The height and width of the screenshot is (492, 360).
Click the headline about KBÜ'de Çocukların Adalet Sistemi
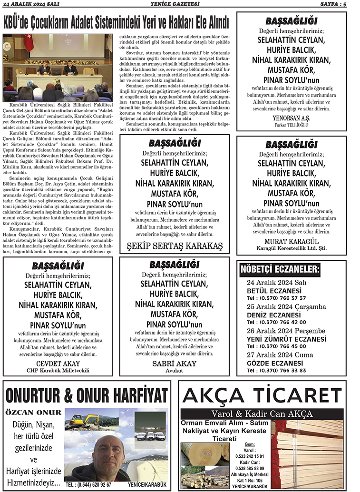(x=117, y=22)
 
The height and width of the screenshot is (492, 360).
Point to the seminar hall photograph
(x=57, y=67)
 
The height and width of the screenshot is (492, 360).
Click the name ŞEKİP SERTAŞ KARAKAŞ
(x=175, y=246)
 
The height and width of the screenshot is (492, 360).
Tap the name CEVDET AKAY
(x=58, y=363)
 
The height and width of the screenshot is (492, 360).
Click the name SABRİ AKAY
(x=175, y=363)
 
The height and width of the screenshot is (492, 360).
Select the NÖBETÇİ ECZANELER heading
(x=280, y=270)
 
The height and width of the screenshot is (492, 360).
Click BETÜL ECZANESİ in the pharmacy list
(x=274, y=290)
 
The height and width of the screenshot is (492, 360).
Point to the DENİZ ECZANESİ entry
(x=274, y=315)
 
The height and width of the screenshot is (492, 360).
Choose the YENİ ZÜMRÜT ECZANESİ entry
(x=287, y=339)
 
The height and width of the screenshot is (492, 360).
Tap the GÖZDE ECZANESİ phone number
(x=276, y=370)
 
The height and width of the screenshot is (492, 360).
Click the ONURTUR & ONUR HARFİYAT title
(x=87, y=395)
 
